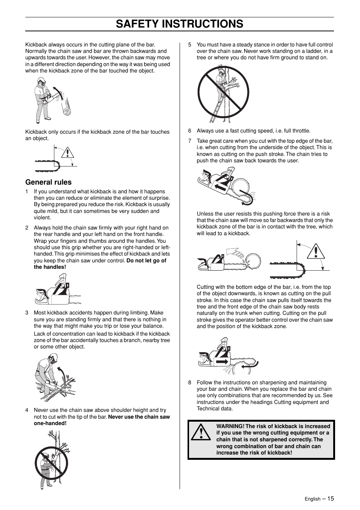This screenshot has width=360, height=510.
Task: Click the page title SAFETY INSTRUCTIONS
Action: point(180,24)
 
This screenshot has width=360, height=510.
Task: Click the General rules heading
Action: point(48,182)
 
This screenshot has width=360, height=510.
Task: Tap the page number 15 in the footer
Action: point(331,498)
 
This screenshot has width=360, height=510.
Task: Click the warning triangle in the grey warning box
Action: point(200,433)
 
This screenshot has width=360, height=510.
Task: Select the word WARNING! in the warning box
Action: point(230,426)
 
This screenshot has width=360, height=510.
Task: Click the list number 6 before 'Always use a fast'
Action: point(190,131)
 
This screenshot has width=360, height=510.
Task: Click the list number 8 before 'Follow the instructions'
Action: point(190,382)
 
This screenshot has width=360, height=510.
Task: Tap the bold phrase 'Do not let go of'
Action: point(146,260)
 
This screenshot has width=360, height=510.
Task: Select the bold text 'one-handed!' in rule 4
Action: point(50,423)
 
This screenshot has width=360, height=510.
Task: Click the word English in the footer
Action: point(312,499)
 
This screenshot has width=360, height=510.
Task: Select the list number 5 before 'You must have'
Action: point(190,45)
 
